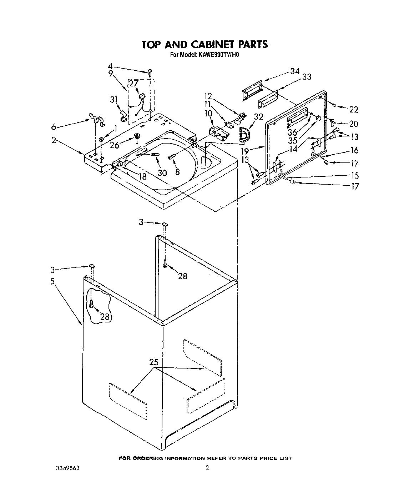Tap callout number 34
[295, 71]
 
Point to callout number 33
[306, 77]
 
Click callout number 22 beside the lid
[353, 109]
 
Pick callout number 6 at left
[54, 127]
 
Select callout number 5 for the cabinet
[52, 281]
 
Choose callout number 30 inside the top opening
[162, 172]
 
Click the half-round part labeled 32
[244, 134]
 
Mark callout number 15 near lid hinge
[355, 175]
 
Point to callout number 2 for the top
[54, 140]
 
